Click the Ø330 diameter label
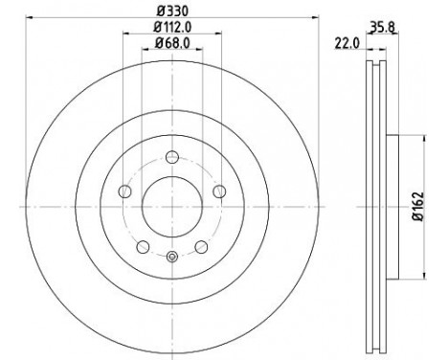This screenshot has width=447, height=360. pyautogui.click(x=172, y=11)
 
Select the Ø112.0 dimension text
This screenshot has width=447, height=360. pyautogui.click(x=172, y=27)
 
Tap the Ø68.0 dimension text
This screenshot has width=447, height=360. pyautogui.click(x=172, y=43)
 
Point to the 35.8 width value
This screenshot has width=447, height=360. pyautogui.click(x=382, y=28)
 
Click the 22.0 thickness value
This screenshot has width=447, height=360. pyautogui.click(x=347, y=43)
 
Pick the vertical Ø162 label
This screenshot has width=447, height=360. pyautogui.click(x=417, y=207)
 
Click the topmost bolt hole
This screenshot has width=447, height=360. pyautogui.click(x=172, y=157)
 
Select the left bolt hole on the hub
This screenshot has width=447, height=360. pyautogui.click(x=124, y=191)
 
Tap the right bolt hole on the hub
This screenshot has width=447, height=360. pyautogui.click(x=219, y=191)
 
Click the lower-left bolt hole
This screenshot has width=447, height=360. pyautogui.click(x=143, y=247)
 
